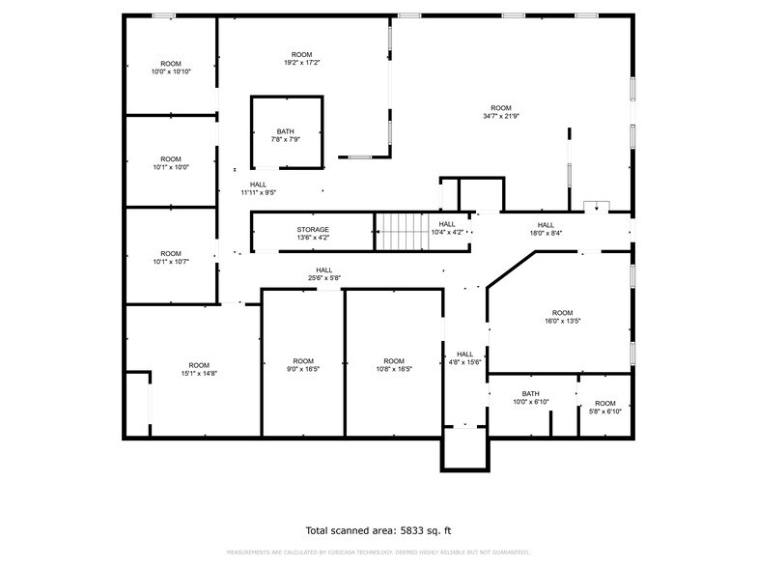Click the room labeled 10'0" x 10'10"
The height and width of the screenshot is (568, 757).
(x=170, y=68)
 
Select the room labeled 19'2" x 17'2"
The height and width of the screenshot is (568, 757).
(x=301, y=58)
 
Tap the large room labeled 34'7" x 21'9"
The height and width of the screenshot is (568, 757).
(x=500, y=112)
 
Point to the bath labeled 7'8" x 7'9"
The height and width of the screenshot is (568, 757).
(x=286, y=136)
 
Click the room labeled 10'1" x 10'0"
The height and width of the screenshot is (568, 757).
(x=170, y=162)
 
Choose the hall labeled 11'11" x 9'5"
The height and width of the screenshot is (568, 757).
(x=258, y=188)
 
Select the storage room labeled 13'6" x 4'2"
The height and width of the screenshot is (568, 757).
(x=312, y=233)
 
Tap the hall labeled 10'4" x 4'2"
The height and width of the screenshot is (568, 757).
(x=446, y=228)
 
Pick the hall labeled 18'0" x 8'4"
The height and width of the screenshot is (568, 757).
(x=546, y=229)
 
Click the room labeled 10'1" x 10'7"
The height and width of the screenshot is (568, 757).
(x=170, y=257)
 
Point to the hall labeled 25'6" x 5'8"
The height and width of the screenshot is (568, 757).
(x=323, y=274)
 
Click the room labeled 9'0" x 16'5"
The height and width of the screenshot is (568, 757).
(x=303, y=365)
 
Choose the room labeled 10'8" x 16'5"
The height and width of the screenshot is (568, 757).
(x=393, y=365)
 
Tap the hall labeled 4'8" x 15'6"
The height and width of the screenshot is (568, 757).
(x=464, y=357)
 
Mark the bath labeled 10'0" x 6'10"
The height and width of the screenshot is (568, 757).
(x=530, y=397)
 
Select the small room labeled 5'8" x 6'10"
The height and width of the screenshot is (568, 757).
(x=604, y=407)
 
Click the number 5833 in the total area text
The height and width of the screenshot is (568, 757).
(x=414, y=530)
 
